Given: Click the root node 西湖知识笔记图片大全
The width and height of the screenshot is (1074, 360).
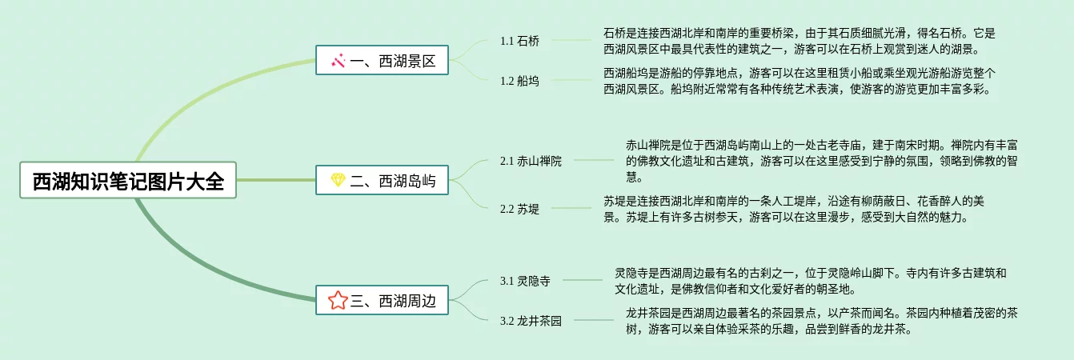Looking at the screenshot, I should [128, 181].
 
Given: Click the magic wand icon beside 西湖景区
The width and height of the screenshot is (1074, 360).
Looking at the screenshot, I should [338, 60].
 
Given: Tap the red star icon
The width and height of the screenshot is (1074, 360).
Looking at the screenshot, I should [338, 301].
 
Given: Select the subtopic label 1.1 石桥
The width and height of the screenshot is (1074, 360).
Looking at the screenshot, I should [519, 41].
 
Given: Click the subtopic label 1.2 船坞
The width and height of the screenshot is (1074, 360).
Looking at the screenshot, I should [519, 81].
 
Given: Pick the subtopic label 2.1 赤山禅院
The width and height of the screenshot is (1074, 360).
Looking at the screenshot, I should [531, 161].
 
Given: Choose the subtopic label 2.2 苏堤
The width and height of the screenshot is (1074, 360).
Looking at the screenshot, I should [519, 209].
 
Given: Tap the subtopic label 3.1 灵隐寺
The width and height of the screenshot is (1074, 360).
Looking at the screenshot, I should [525, 281].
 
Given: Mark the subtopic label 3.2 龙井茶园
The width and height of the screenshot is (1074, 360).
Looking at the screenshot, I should [531, 321].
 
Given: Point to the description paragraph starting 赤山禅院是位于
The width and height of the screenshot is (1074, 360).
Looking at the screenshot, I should [821, 161].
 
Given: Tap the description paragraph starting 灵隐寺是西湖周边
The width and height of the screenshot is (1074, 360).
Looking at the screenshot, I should [810, 281].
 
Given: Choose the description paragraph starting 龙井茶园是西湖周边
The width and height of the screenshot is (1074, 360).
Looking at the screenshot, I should [821, 321].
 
